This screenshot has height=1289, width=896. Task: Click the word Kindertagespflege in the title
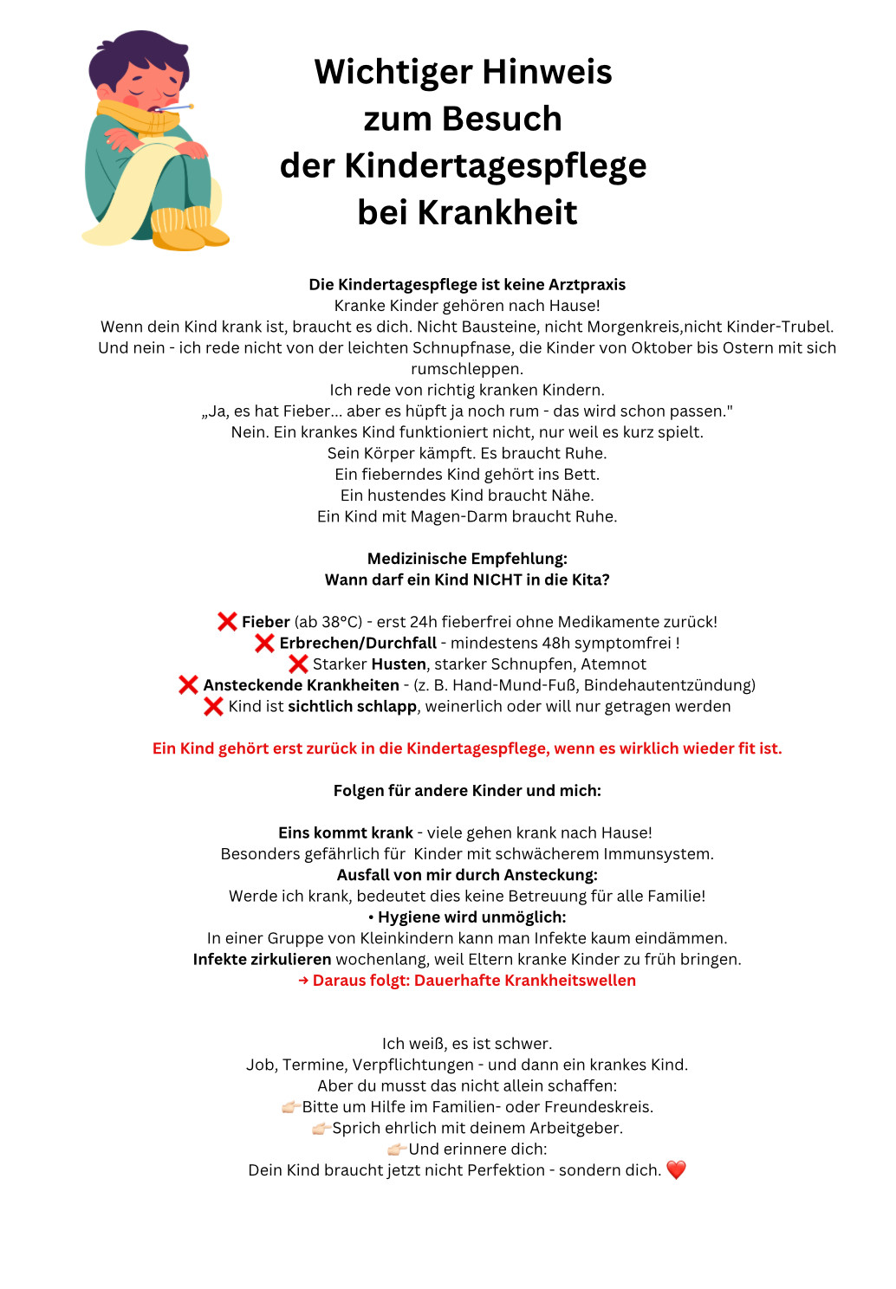[495, 165]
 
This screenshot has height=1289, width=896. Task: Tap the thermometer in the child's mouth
[176, 108]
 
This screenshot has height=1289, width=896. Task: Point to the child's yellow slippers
[186, 229]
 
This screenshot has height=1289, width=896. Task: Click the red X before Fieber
[227, 621]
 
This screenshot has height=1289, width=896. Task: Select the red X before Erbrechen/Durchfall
[264, 643]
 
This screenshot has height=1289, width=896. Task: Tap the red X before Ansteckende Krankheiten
[188, 685]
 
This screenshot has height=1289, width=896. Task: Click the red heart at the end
[676, 1169]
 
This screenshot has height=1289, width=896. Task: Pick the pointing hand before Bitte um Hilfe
[290, 1107]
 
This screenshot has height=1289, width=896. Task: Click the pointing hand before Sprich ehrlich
[321, 1128]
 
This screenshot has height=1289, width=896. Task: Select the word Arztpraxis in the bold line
[587, 284]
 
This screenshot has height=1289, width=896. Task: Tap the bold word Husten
[399, 664]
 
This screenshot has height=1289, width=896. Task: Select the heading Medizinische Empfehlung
[467, 559]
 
